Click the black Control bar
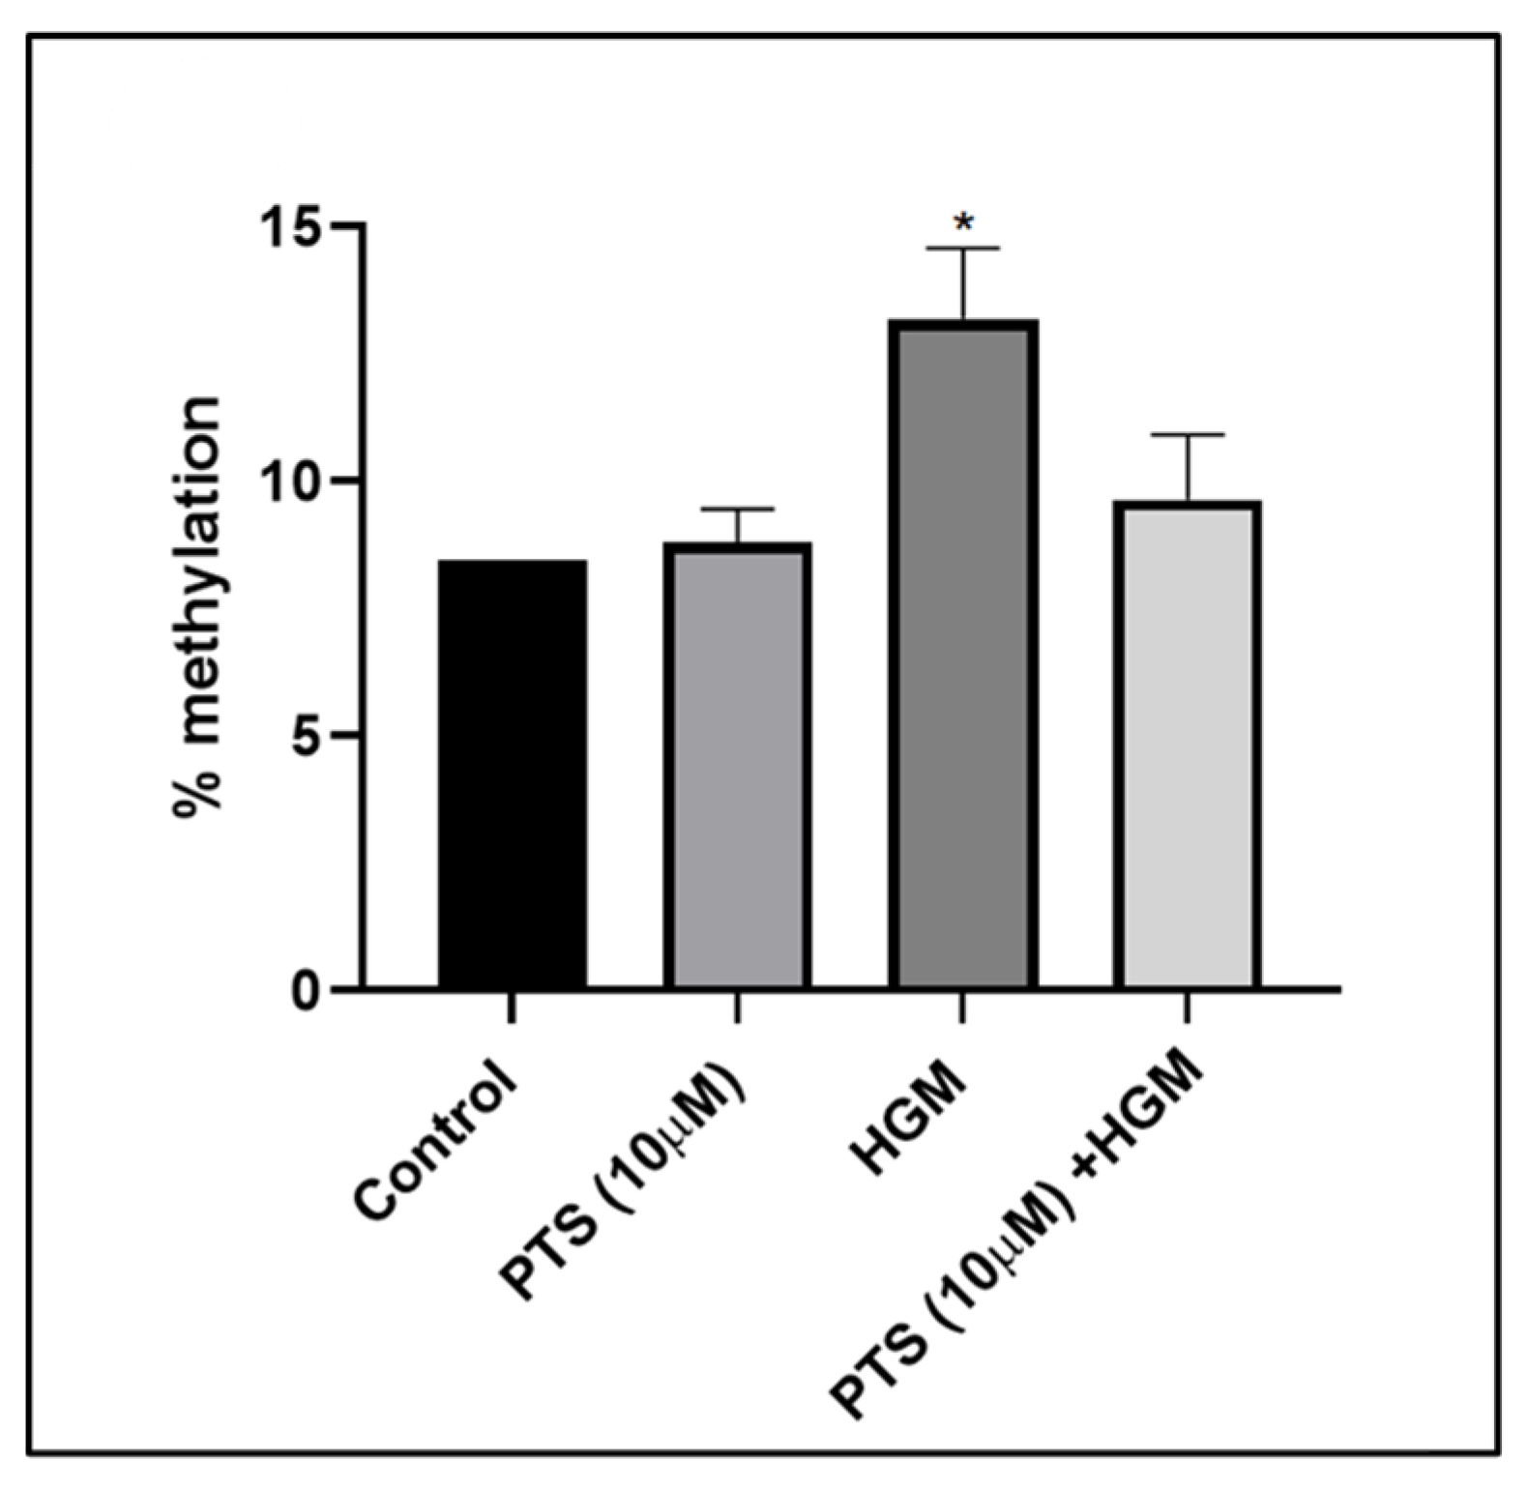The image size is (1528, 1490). pyautogui.click(x=513, y=774)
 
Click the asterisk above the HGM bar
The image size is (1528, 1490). pyautogui.click(x=963, y=222)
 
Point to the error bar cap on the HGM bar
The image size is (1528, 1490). pyautogui.click(x=963, y=249)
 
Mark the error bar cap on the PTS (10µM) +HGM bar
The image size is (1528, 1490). pyautogui.click(x=1187, y=435)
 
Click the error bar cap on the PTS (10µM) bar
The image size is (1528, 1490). pyautogui.click(x=738, y=509)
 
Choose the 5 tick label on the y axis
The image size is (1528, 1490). pyautogui.click(x=307, y=736)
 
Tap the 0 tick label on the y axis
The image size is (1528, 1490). pyautogui.click(x=307, y=992)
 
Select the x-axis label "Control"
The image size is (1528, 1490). pyautogui.click(x=435, y=1141)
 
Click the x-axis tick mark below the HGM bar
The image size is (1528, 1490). pyautogui.click(x=962, y=1008)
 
